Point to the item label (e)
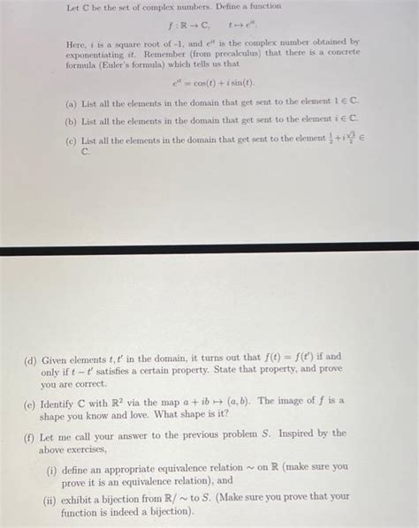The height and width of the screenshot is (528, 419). [32, 401]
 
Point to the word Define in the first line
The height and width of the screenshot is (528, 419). [206, 6]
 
